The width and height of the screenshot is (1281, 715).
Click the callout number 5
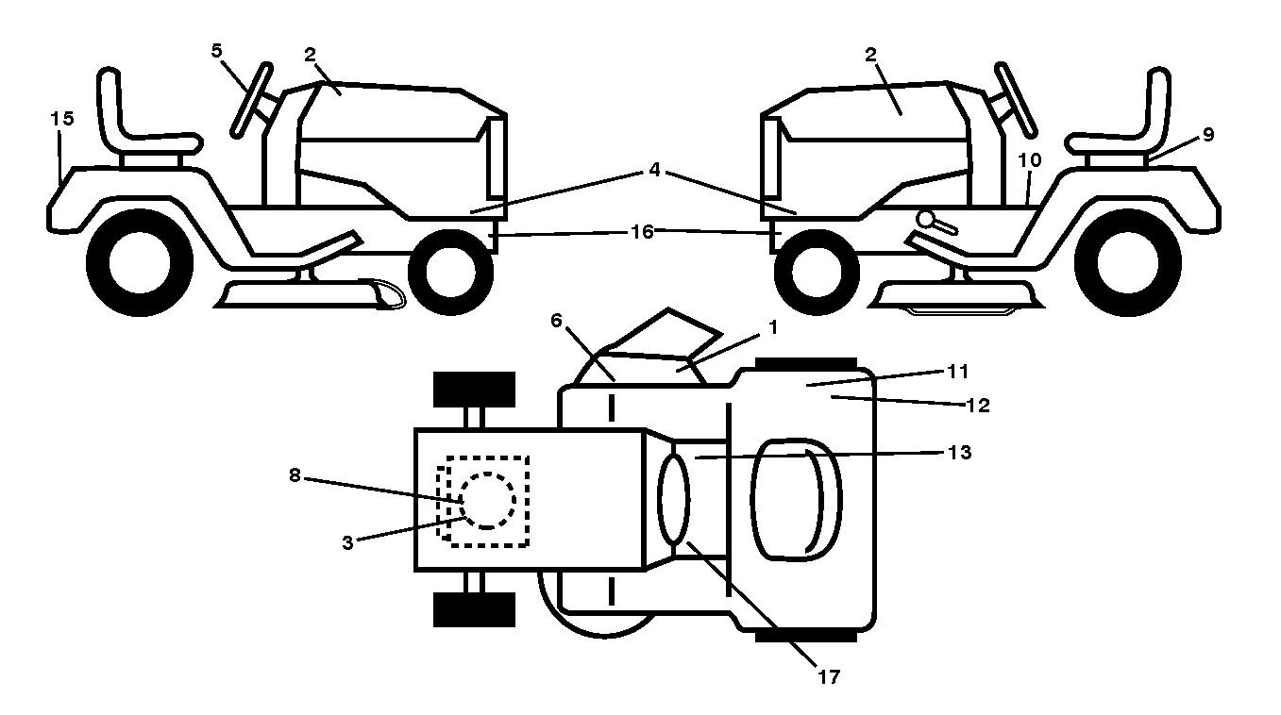tap(216, 51)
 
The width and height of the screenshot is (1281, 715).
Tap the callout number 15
tap(62, 118)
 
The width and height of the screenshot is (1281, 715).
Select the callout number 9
tap(1207, 135)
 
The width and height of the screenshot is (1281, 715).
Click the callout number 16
tap(642, 231)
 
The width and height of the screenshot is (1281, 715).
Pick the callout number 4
tap(655, 170)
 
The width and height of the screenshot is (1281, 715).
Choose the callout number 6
tap(556, 321)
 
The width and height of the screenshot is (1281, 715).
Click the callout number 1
tap(773, 327)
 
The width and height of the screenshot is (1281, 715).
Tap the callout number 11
tap(958, 372)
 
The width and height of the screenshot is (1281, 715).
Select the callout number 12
tap(977, 406)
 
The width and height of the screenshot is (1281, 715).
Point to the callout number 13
tap(960, 452)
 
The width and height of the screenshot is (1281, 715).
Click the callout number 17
tap(829, 677)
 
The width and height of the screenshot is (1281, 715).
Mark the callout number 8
tap(295, 475)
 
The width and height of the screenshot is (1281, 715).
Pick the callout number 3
tap(347, 543)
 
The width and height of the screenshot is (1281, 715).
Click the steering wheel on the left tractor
tap(251, 100)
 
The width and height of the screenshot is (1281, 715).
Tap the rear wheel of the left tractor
tap(140, 262)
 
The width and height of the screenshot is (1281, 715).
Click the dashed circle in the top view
tap(487, 501)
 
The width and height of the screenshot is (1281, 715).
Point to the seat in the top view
tap(796, 500)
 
